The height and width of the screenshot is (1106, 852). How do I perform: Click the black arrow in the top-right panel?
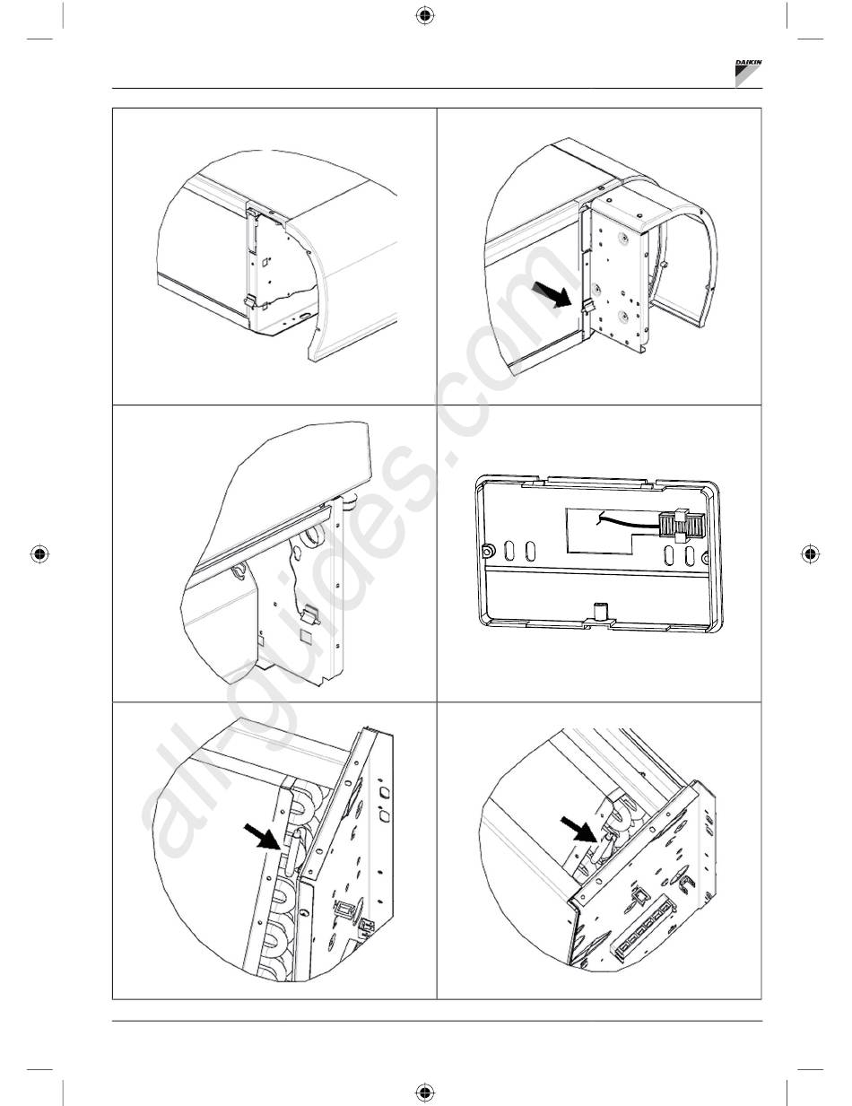550,295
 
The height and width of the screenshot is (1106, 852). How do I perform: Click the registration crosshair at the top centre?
424,16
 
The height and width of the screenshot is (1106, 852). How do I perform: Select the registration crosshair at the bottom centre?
424,1091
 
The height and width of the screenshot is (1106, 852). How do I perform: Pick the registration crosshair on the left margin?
39,553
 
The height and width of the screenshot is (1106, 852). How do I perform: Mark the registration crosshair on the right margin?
810,553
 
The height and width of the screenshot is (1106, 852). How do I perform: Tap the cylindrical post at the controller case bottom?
599,611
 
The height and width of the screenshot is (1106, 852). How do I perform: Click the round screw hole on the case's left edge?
487,551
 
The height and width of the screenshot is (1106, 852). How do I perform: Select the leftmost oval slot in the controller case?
509,551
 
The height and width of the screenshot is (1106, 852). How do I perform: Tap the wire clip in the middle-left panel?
309,614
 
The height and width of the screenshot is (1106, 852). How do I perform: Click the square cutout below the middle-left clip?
306,636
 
